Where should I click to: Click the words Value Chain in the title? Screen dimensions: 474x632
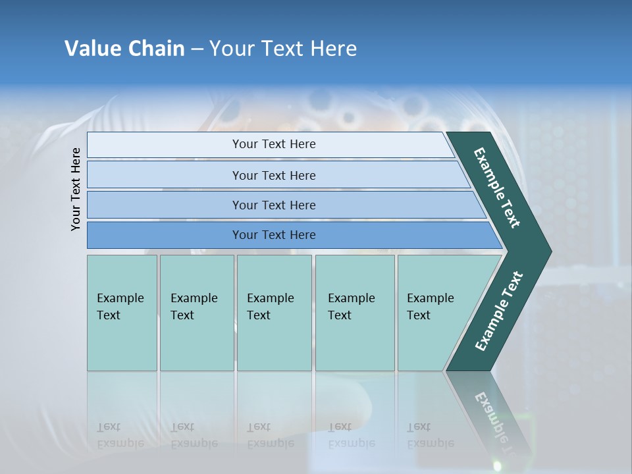[124, 49]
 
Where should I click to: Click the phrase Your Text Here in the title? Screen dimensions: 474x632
[283, 49]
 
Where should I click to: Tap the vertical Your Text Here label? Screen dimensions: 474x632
[76, 189]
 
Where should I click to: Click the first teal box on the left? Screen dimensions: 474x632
[122, 313]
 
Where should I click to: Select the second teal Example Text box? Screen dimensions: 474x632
[197, 313]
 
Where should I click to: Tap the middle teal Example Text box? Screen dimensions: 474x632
[274, 313]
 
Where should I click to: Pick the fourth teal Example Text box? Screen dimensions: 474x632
[355, 313]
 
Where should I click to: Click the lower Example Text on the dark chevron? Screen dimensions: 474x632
[499, 311]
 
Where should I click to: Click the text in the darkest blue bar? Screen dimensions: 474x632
[274, 235]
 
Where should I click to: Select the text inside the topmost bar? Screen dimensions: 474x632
[274, 144]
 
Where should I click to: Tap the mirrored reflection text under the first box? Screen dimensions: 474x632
[120, 435]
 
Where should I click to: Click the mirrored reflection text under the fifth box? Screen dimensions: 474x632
[430, 435]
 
